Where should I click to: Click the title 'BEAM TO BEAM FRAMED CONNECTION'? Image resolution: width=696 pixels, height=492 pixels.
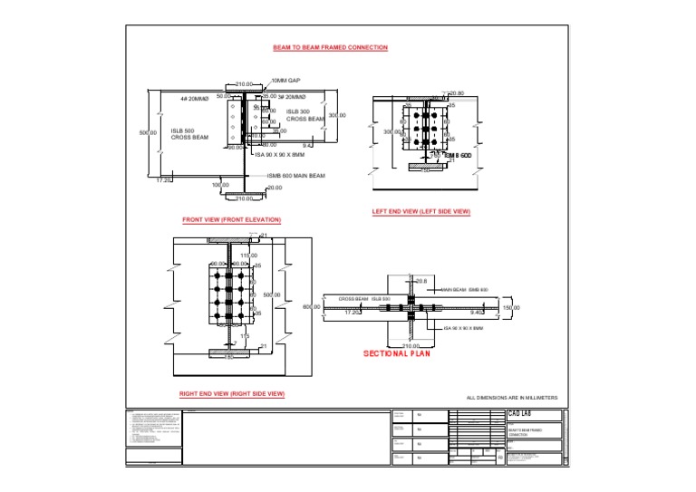(330, 47)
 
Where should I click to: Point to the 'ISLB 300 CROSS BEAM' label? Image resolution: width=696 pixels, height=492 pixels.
(304, 115)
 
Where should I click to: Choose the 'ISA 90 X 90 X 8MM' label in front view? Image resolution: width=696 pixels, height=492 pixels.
(277, 155)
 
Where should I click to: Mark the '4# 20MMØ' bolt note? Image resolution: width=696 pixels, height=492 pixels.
(194, 98)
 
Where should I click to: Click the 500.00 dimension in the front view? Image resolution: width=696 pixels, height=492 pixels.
(148, 133)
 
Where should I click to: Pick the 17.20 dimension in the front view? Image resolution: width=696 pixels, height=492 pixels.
(164, 180)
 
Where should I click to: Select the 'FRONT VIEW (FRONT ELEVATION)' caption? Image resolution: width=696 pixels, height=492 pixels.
(232, 220)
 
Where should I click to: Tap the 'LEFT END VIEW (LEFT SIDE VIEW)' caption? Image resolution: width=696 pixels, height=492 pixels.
(421, 212)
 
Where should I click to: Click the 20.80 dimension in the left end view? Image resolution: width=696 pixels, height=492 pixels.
(456, 93)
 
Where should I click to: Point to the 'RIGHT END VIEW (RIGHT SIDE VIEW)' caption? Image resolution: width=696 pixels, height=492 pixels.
(232, 394)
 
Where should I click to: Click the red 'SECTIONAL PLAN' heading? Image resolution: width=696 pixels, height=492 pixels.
(397, 354)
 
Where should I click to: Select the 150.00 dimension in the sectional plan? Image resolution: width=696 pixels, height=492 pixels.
(511, 308)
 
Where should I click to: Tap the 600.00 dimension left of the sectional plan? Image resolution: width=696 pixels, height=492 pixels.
(312, 307)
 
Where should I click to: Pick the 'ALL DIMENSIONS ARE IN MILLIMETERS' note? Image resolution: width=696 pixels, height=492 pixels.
(511, 399)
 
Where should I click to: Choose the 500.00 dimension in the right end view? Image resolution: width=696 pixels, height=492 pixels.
(272, 295)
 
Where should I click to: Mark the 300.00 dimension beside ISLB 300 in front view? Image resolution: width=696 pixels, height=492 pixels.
(337, 116)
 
